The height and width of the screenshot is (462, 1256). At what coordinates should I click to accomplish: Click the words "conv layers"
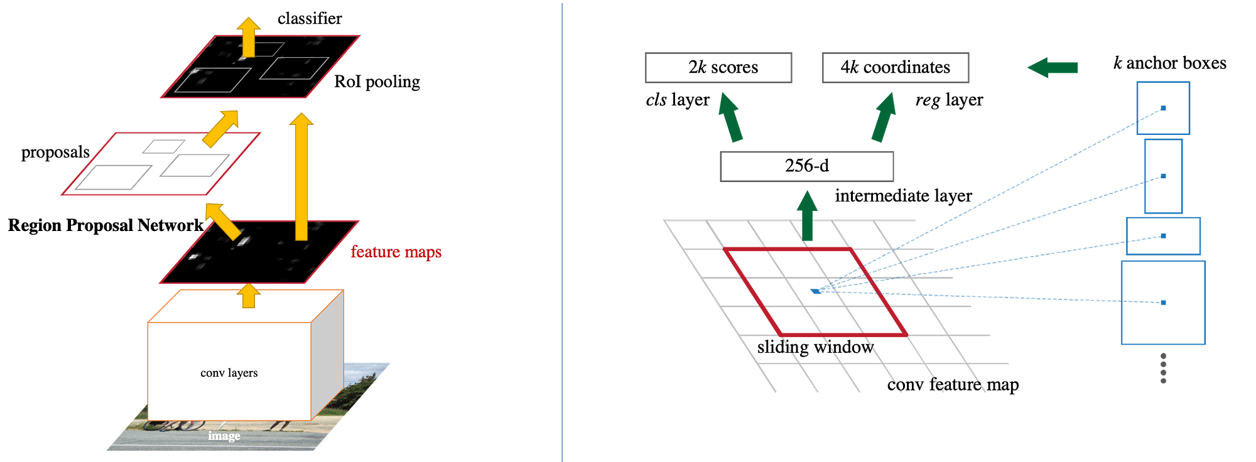229,373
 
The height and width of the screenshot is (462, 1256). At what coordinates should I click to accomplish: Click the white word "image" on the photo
224,436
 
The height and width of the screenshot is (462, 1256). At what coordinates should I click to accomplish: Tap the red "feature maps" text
397,252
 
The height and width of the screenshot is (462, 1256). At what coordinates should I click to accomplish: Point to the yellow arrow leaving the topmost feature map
249,35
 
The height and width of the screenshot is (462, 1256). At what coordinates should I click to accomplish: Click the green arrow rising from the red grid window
807,217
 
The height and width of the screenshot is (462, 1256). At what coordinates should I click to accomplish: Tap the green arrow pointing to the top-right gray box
884,117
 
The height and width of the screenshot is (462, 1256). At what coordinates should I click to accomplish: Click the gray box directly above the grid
807,166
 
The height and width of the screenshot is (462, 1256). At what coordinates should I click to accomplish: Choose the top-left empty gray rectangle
718,68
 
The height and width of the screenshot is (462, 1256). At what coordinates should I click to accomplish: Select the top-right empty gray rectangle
896,68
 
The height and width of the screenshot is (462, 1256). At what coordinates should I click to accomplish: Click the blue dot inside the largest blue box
1164,303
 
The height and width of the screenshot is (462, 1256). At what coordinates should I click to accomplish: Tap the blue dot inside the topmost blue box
1164,109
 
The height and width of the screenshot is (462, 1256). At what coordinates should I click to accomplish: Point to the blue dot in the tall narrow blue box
1164,176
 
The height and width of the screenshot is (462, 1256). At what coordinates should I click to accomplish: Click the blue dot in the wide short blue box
1164,237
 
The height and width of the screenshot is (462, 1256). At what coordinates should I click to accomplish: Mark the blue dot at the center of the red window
815,291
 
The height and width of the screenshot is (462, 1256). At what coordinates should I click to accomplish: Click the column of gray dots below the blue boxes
1164,368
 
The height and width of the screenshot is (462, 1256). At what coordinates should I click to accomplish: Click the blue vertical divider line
562,231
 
